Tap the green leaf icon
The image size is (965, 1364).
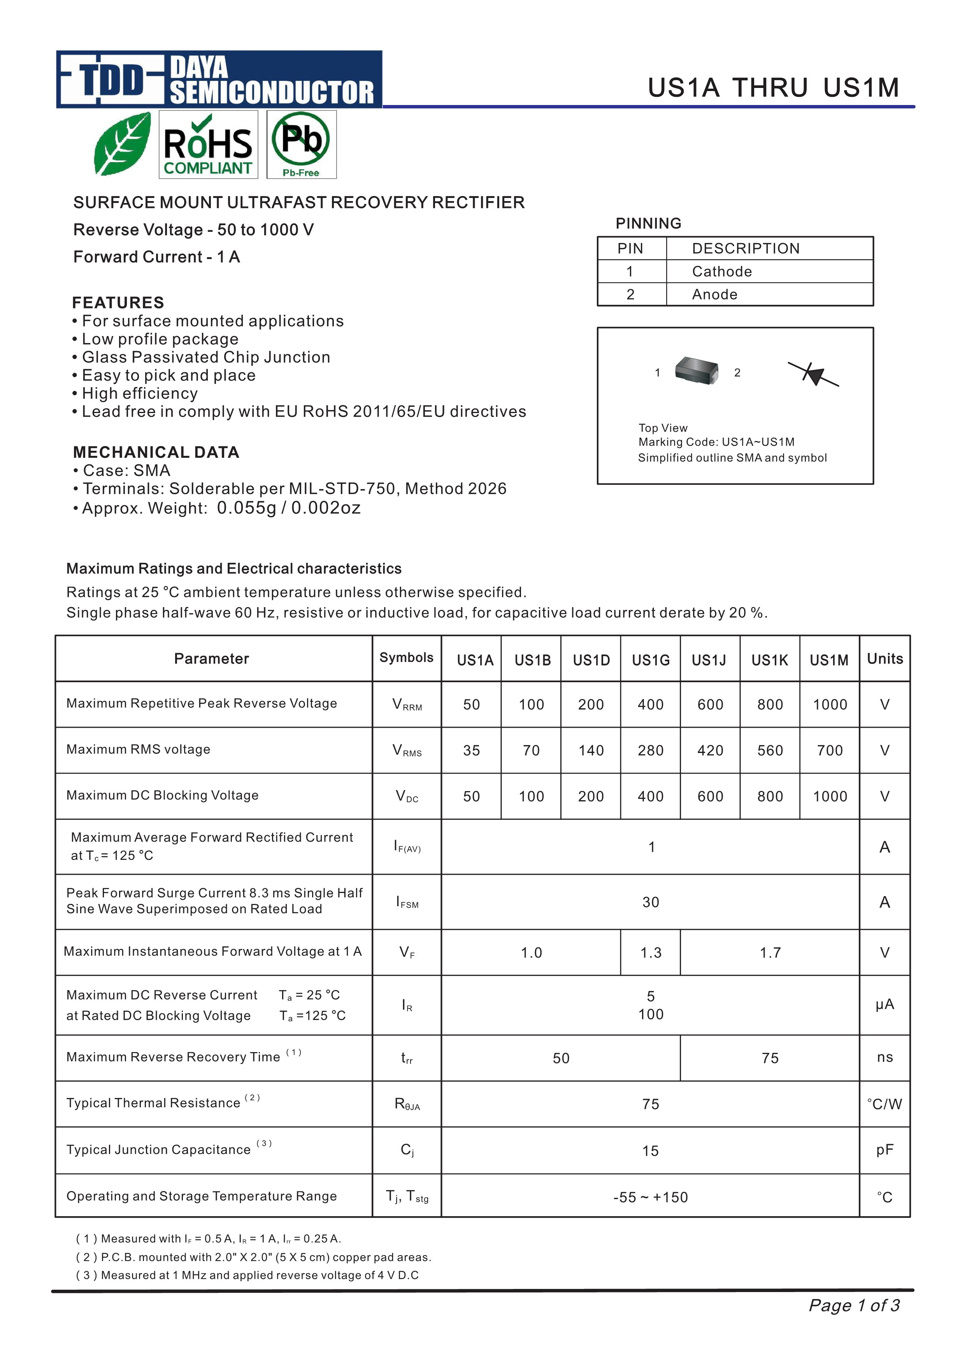tap(123, 144)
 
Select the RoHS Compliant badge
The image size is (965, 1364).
tap(208, 144)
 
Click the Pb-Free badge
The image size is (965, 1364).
tap(301, 144)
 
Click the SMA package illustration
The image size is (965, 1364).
tap(697, 371)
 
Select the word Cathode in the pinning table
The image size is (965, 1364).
tap(721, 271)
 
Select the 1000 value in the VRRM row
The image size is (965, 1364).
tap(830, 705)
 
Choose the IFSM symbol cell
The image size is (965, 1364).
tap(407, 902)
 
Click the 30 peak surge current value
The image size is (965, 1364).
tap(651, 902)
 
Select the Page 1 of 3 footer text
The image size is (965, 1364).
tap(853, 1305)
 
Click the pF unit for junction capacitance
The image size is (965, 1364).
tap(884, 1150)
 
